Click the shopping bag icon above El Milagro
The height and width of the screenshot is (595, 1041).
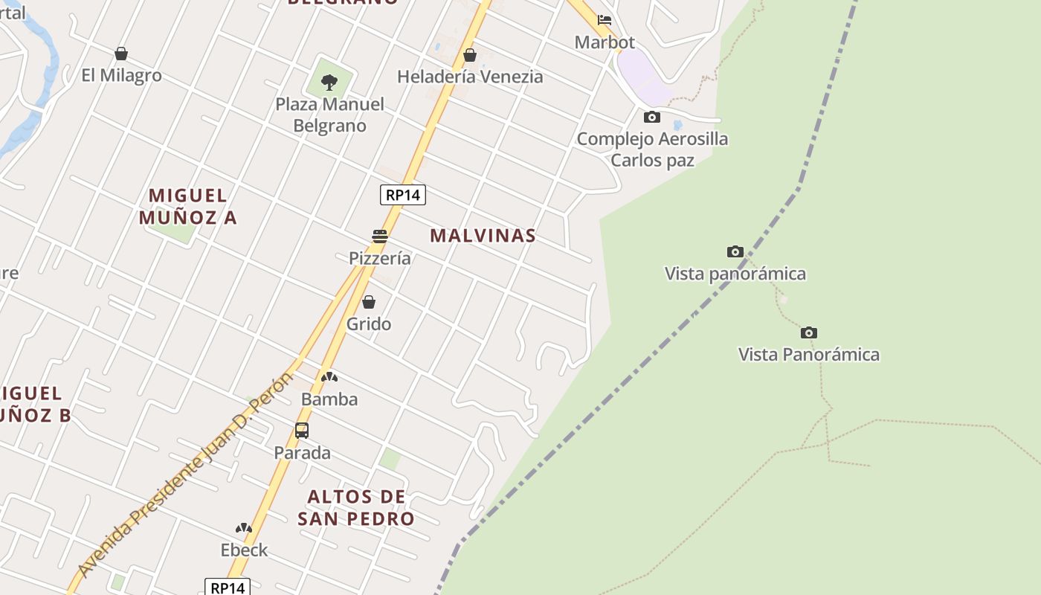point(121,54)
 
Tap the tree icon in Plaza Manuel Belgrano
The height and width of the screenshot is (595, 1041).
point(329,82)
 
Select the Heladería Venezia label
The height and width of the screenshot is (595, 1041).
point(470,77)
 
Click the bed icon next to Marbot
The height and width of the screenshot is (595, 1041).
point(605,20)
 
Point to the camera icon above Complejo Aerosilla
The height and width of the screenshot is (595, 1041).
point(651,117)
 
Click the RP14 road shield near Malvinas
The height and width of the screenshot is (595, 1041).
point(403,195)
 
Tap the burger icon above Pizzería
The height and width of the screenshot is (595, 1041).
point(380,237)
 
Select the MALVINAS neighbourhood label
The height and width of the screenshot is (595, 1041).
point(483,236)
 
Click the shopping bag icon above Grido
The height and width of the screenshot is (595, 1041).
point(369,302)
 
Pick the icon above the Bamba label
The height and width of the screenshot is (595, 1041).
point(329,377)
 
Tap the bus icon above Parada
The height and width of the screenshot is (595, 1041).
point(302,430)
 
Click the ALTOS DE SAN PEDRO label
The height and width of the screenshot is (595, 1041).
point(356,507)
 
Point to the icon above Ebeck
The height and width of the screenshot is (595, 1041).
point(244,528)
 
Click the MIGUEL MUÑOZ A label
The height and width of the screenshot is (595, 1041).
point(187,206)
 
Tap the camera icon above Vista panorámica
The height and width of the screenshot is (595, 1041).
point(735,251)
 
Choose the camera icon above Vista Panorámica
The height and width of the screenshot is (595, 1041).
point(809,332)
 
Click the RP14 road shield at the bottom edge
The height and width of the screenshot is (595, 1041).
point(228,588)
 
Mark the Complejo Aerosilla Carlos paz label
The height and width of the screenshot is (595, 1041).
point(652,149)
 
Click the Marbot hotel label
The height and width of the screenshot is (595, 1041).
point(605,42)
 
